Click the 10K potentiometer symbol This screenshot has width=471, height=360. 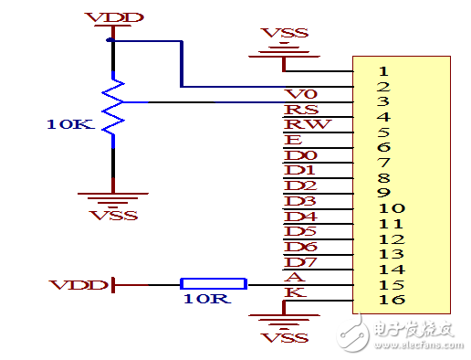112,108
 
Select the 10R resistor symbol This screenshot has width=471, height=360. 212,284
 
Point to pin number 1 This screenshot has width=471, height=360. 383,70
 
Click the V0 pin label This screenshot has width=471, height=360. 299,94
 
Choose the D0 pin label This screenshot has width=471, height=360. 300,156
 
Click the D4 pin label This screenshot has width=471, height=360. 300,217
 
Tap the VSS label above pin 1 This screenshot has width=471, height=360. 284,33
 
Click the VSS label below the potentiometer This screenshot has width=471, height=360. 114,215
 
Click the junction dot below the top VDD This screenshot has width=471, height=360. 110,40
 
